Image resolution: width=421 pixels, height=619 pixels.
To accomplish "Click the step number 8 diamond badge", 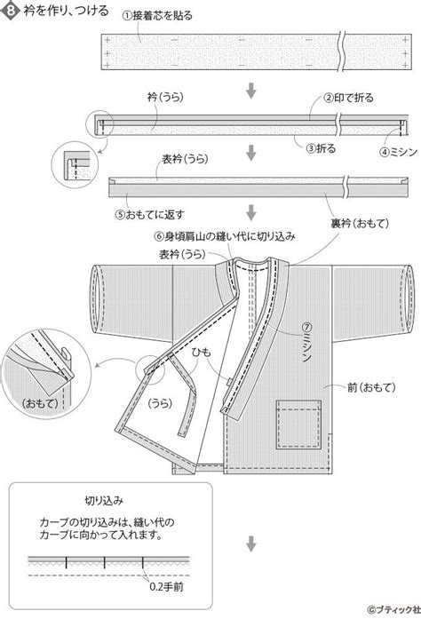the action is [11, 10].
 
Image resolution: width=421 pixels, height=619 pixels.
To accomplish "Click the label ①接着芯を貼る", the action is [157, 15].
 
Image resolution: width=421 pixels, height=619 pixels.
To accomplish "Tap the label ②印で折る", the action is [348, 98].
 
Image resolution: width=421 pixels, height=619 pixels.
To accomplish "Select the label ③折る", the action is [322, 148].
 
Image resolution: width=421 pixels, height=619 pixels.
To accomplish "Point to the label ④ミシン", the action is [398, 152].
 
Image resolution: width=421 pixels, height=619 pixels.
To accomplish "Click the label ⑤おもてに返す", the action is [150, 215].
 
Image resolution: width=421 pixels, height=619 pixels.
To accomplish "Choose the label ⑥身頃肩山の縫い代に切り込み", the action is [225, 236].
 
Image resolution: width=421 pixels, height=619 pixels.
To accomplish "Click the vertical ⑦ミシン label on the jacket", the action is [307, 343].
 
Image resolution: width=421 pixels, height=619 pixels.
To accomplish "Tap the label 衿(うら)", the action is [165, 97].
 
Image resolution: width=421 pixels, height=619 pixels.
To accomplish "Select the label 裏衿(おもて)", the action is [360, 224].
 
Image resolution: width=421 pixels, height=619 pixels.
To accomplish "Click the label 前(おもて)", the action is [371, 387].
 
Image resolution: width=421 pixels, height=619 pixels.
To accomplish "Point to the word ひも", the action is [202, 352].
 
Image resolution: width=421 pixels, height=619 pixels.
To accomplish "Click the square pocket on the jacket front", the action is [298, 425].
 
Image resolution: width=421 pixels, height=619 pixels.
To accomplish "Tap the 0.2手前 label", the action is [167, 587].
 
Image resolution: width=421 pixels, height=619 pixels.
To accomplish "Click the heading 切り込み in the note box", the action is [104, 501].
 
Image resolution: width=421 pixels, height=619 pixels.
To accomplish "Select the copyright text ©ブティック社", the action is [392, 609].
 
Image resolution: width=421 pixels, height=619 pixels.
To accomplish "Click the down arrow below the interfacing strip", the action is [251, 91].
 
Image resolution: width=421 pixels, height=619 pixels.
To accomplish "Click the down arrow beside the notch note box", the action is [251, 544].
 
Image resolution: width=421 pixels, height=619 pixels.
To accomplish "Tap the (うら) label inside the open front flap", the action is [160, 403].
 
